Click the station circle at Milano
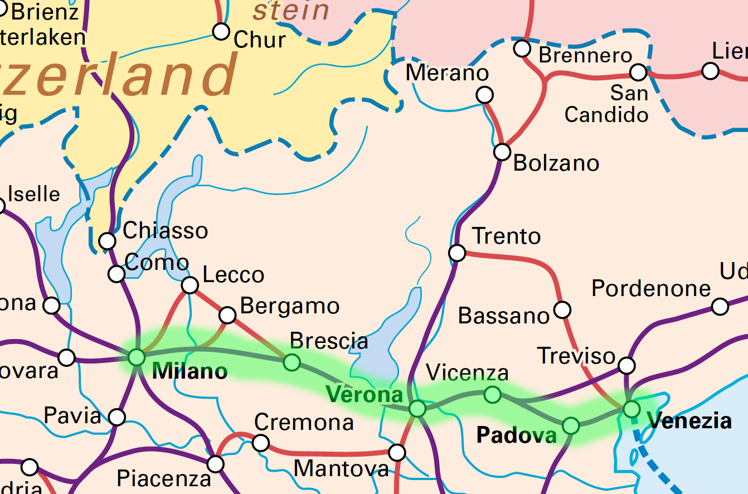pos(137,357)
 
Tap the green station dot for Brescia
pos(292,362)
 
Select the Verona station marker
pos(417,409)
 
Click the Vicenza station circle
pos(492,395)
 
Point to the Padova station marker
pos(571,425)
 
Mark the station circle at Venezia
pos(631,409)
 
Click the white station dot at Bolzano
pos(502,151)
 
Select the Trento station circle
pos(457,253)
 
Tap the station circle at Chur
pos(221,31)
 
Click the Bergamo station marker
pos(227,315)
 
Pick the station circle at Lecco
pos(190,285)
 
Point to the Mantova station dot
pos(397,452)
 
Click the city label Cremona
pos(304,423)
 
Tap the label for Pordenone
pos(651,288)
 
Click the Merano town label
pos(447,72)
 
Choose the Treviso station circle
pos(627,366)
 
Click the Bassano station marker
pos(563,309)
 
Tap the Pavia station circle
pos(117,416)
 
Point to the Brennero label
pos(585,55)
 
